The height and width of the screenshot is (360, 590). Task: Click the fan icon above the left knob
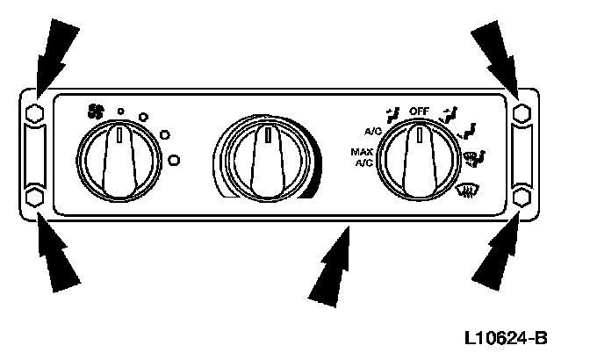pos(96,112)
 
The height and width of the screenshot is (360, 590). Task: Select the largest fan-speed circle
pos(174,159)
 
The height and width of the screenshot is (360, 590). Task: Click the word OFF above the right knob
pos(420,112)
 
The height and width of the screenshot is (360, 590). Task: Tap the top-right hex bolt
pos(522,113)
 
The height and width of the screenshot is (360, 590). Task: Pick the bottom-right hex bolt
pos(522,197)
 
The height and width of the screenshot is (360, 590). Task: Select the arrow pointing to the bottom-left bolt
pos(59,259)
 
